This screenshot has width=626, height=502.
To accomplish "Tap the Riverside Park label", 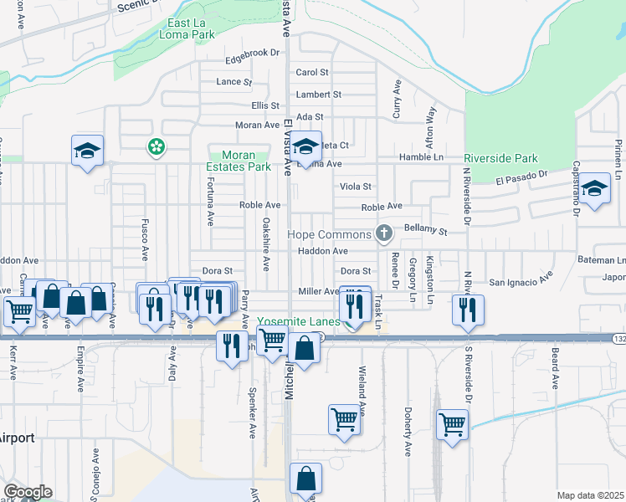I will coord(500,157).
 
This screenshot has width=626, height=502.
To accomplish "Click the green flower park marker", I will coord(156,147).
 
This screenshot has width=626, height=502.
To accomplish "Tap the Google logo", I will coord(27,492).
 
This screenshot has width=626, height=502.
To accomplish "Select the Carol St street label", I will coord(312,73).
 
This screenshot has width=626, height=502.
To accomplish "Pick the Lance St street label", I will coord(233,82).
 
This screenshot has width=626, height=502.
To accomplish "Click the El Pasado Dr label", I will coord(521,179).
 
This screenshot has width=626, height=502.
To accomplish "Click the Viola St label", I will coord(355,186).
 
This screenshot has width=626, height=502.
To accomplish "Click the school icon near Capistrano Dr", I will coord(595,189).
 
